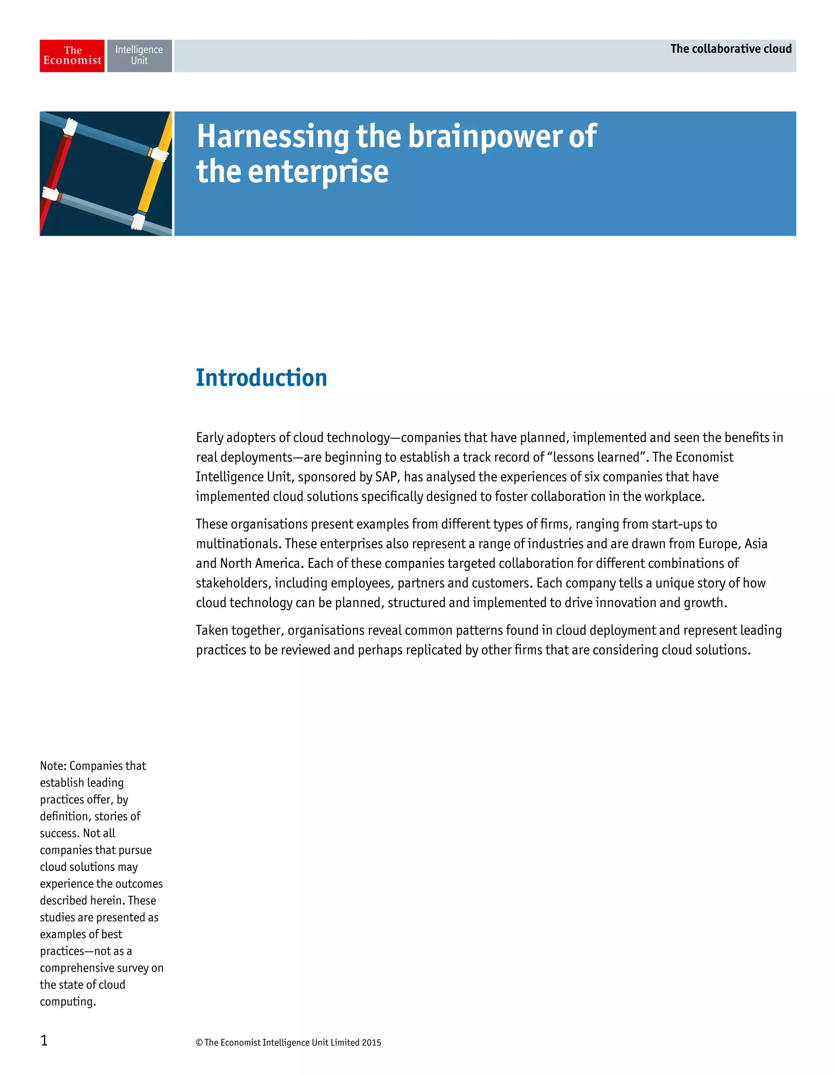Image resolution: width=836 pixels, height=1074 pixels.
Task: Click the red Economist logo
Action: coord(72,55)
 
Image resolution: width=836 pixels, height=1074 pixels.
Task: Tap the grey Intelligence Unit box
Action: coord(139,55)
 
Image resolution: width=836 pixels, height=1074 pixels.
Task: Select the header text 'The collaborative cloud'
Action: coord(731,49)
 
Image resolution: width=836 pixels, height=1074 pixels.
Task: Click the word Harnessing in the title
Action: coord(273,136)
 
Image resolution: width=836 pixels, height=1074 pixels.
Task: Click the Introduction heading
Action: coord(261,378)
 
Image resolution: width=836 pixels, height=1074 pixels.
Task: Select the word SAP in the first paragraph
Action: coord(386,477)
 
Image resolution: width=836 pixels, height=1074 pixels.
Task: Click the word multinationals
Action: coord(238,544)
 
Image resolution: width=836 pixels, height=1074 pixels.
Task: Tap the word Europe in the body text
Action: coord(719,544)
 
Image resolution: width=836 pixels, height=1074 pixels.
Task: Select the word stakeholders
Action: coord(232,583)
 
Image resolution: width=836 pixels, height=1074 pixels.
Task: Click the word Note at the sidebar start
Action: coord(52,766)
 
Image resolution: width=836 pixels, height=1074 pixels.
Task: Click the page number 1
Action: coord(44,1040)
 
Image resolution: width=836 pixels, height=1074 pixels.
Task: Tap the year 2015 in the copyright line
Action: coord(371,1043)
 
